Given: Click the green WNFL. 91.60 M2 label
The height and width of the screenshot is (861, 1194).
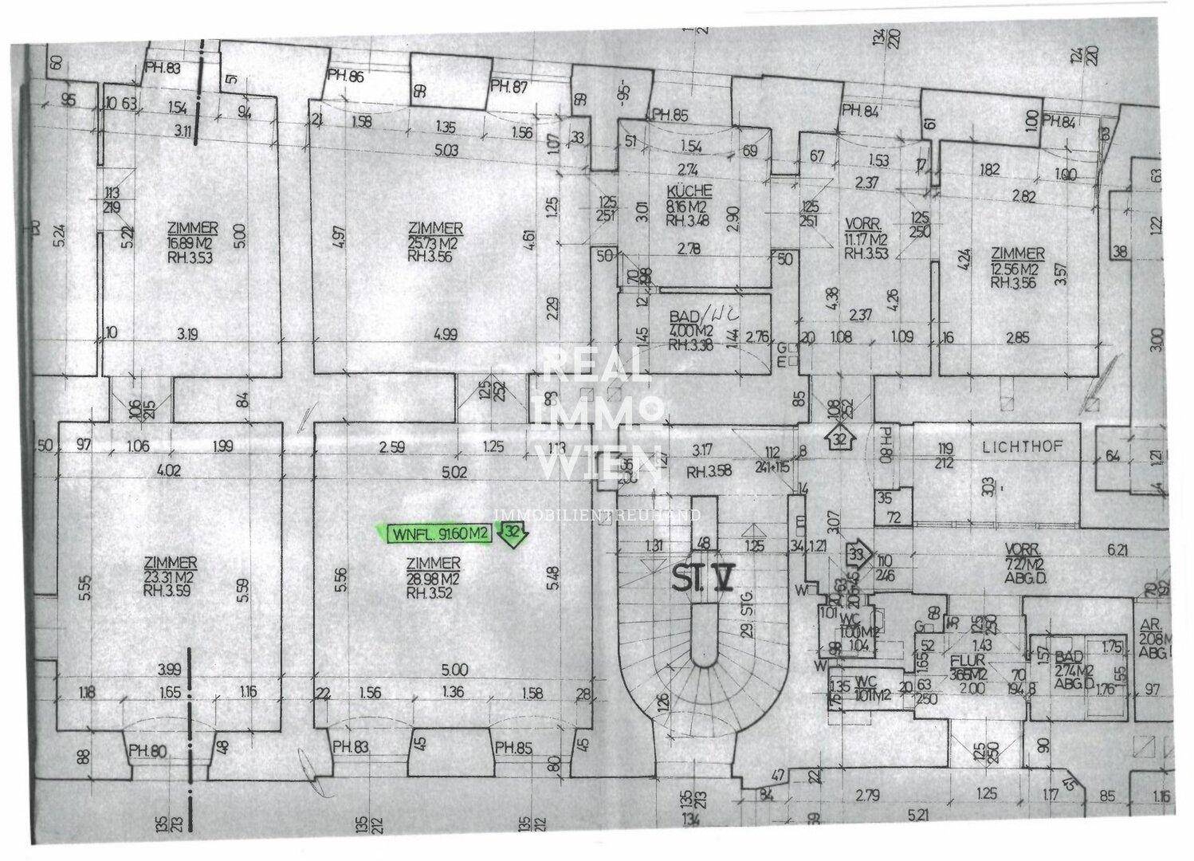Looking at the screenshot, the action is point(438,535).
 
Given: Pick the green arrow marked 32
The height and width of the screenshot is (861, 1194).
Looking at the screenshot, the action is point(511,535).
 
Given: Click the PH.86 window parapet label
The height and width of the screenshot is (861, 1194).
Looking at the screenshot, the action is point(345,77).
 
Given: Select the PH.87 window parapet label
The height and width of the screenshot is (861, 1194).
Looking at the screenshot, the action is point(509,85).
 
